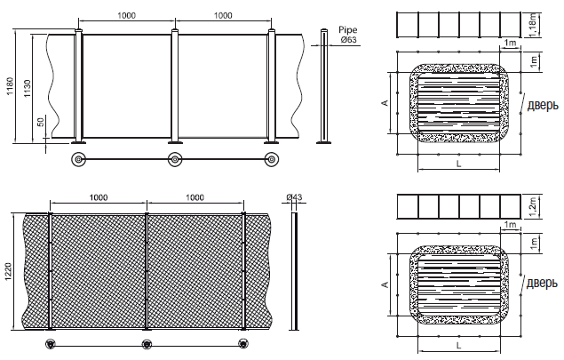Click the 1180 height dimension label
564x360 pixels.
pos(10,86)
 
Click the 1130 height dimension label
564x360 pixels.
pos(28,89)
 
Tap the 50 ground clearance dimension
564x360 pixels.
pos(41,122)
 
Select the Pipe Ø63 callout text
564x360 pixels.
pos(348,35)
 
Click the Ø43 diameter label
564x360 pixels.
pos(294,197)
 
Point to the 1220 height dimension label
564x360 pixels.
pos(9,272)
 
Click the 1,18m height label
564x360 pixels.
pos(534,25)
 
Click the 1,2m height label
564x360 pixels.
pos(534,207)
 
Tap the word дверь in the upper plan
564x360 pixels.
pos(543,106)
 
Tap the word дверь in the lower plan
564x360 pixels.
pos(543,284)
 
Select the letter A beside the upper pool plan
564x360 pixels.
pos(385,103)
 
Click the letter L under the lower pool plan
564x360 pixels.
pos(458,346)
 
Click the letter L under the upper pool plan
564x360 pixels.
pos(458,164)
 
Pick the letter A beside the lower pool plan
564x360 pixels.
pos(385,284)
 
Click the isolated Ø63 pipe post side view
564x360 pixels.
pos(324,86)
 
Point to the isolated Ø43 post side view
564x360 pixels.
pos(295,271)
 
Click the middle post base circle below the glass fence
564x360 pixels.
pos(175,159)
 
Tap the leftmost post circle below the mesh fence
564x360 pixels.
pos(51,344)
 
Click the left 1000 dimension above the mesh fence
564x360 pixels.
pos(99,197)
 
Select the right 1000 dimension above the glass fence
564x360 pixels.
pos(223,15)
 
